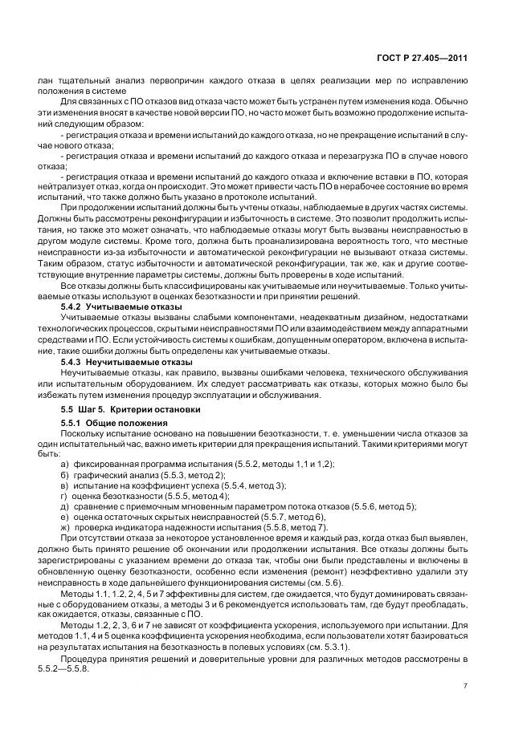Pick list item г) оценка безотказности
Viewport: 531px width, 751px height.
click(145, 496)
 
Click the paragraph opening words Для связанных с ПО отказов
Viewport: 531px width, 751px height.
click(112, 101)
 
